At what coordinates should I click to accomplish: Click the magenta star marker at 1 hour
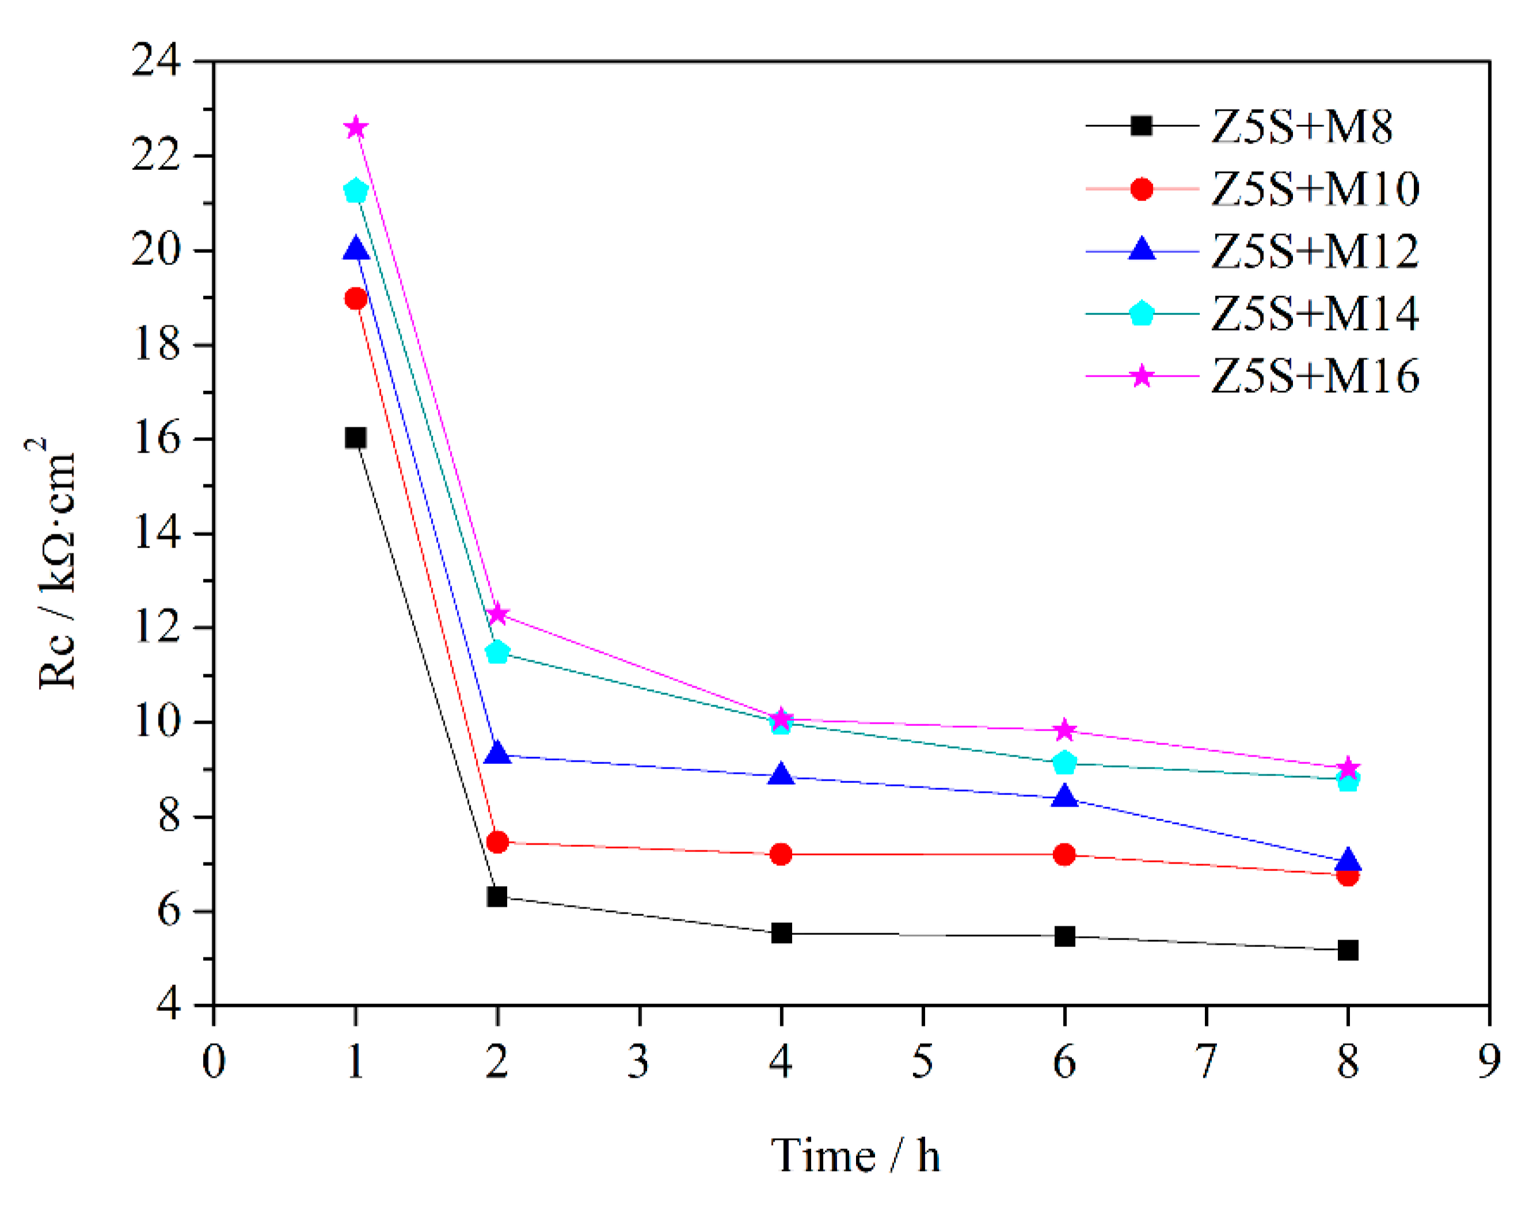(356, 128)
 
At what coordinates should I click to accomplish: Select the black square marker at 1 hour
(356, 438)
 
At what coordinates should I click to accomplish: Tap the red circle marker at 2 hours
(498, 842)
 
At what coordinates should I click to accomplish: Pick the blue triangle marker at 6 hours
(1064, 797)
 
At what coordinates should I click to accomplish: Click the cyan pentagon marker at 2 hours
(498, 652)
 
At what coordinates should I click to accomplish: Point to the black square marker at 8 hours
(1347, 950)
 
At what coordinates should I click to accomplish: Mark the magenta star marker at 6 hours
(1064, 730)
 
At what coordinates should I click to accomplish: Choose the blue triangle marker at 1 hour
(356, 249)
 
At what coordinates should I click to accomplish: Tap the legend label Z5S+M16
(1315, 376)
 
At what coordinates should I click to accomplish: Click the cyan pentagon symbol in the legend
(1141, 314)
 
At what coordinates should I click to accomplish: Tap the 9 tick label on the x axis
(1489, 1061)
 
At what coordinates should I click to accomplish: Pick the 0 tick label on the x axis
(214, 1061)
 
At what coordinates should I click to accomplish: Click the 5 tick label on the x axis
(922, 1061)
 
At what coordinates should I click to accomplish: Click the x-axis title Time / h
(855, 1156)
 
